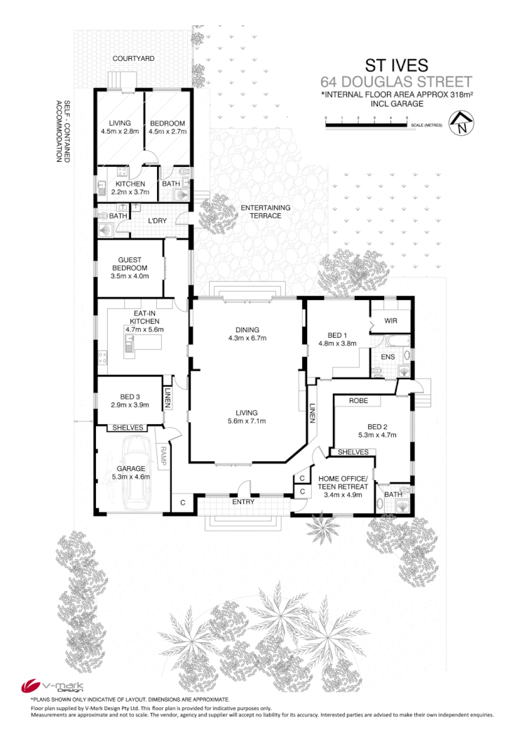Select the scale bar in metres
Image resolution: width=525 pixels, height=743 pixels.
[x=366, y=125]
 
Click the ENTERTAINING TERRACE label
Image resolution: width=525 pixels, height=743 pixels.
[x=264, y=212]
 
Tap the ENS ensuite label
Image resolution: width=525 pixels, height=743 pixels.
[x=388, y=357]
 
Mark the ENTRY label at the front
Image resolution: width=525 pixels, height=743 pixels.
[x=243, y=503]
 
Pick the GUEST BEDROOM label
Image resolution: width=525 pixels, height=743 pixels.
[x=130, y=263]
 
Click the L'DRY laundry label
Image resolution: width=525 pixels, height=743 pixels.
[x=156, y=221]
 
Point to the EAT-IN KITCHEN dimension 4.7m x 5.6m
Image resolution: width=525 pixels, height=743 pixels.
[x=144, y=329]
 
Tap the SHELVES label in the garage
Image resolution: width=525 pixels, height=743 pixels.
[x=128, y=428]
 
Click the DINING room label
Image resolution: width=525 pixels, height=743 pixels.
[x=247, y=329]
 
